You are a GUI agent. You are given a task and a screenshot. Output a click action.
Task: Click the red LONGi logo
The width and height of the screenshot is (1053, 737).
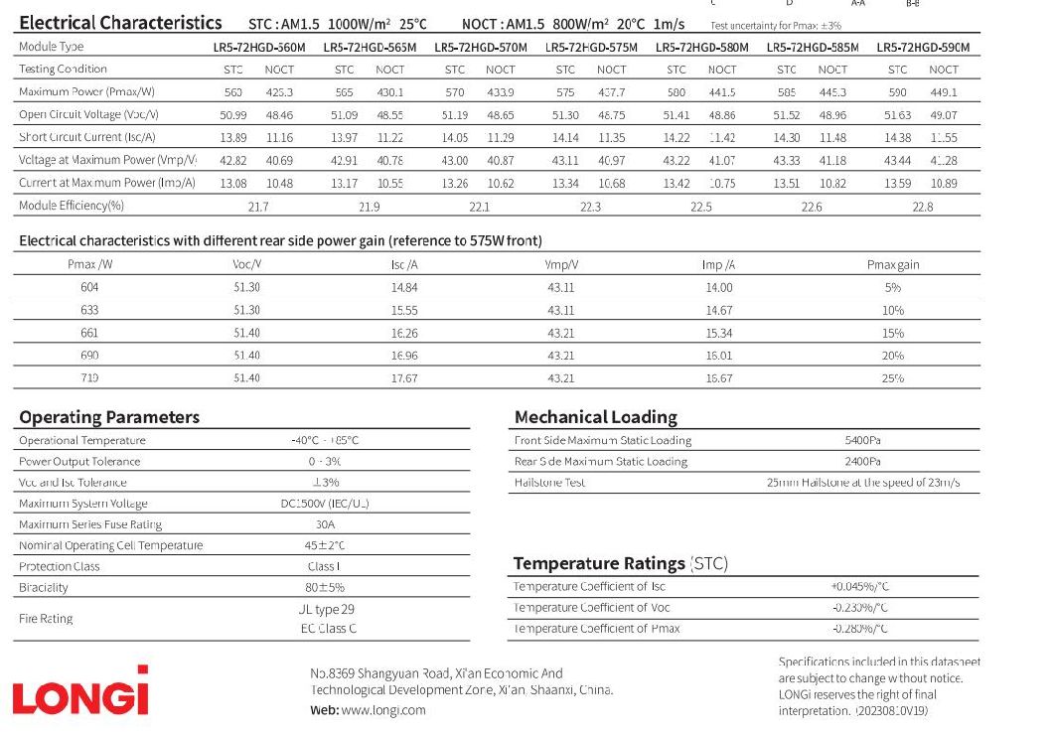point(80,691)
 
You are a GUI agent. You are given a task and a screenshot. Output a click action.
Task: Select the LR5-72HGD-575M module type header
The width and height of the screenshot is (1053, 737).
point(591,47)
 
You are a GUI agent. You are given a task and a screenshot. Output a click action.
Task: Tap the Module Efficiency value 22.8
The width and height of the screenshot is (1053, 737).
point(922,207)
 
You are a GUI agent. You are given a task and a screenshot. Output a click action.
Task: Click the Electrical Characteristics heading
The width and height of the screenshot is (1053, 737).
point(120,23)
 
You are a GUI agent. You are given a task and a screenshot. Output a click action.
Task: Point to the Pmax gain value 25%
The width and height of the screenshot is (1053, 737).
point(892,378)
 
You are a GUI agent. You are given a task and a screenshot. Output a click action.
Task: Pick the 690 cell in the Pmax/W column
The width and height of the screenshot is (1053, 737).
point(90,356)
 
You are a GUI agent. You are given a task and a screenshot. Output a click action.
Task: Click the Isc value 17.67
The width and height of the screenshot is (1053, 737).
point(404,378)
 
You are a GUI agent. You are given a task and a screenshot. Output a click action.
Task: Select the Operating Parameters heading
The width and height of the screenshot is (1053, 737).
point(109,417)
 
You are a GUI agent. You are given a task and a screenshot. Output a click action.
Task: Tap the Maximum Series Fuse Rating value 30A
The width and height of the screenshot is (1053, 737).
point(326,524)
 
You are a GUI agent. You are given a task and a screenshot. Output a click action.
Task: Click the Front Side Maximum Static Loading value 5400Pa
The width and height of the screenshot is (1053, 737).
point(862,440)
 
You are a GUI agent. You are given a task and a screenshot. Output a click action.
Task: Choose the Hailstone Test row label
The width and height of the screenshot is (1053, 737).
point(549,483)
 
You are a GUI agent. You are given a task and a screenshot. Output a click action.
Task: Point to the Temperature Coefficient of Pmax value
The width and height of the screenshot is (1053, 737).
point(859,629)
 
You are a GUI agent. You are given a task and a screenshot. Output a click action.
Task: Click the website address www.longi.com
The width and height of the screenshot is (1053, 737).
point(382,710)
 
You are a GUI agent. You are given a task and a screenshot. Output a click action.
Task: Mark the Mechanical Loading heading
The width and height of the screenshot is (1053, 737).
point(595,417)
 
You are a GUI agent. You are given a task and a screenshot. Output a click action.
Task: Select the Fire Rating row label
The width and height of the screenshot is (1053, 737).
point(46,618)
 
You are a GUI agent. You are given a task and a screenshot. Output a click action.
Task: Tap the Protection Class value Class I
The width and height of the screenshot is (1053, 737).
point(326,566)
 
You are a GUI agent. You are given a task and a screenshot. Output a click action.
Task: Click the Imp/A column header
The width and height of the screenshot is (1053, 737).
point(718,265)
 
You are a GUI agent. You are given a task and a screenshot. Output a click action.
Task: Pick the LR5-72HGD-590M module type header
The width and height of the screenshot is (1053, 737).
point(923,47)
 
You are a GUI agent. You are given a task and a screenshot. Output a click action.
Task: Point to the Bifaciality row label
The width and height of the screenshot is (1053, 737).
point(44,588)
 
